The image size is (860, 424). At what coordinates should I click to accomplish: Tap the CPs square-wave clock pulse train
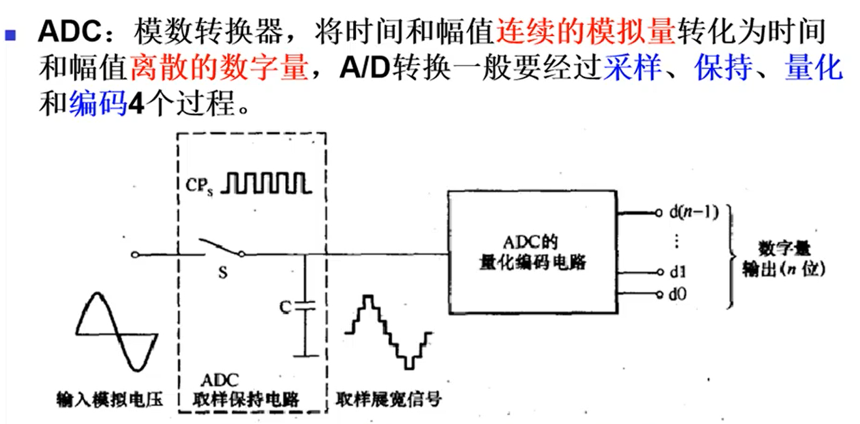tap(266, 181)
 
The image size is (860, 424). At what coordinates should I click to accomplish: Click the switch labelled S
tap(220, 248)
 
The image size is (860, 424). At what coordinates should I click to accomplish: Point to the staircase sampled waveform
tap(388, 331)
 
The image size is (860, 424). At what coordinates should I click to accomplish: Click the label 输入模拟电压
tap(110, 398)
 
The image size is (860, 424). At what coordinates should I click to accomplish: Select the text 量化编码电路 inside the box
tap(530, 262)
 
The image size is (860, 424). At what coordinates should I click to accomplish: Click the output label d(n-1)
tap(694, 213)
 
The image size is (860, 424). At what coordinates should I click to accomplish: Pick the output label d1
tap(677, 272)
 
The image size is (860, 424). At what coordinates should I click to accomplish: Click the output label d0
tap(677, 293)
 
